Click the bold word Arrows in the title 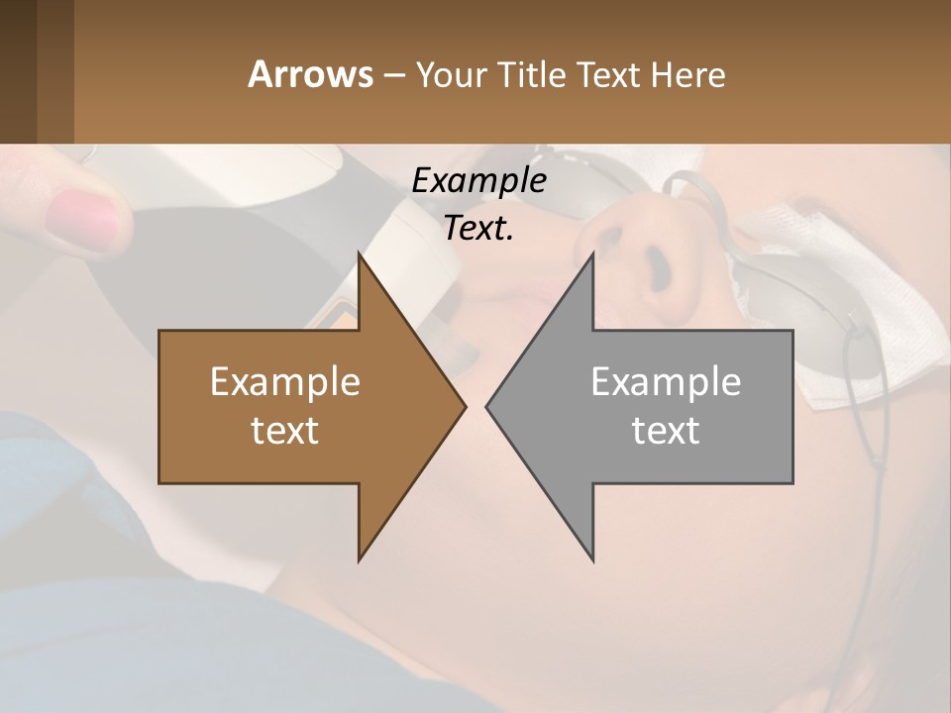pyautogui.click(x=310, y=74)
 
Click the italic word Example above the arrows pyautogui.click(x=478, y=181)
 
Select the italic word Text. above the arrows pyautogui.click(x=478, y=229)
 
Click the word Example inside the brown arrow pyautogui.click(x=285, y=382)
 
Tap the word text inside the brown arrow pyautogui.click(x=285, y=431)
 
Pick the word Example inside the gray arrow pyautogui.click(x=666, y=382)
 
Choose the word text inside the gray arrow pyautogui.click(x=666, y=431)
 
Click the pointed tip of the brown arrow pyautogui.click(x=464, y=406)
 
